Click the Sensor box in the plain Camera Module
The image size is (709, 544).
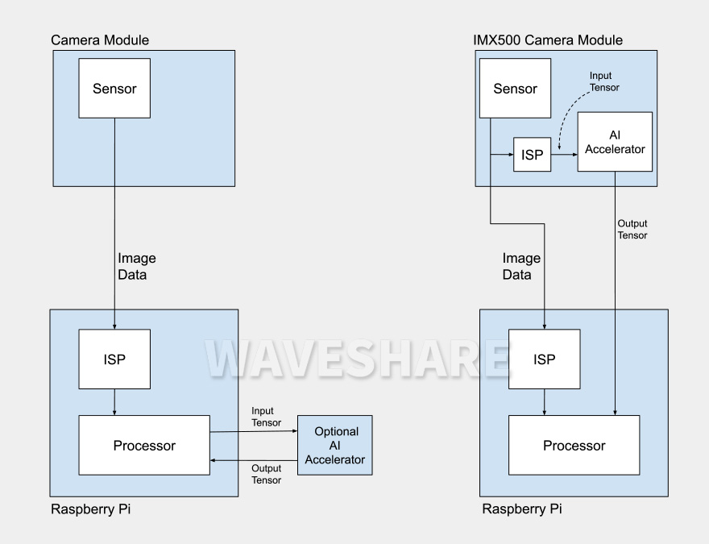(x=114, y=89)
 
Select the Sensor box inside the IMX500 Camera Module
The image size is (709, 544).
(x=514, y=89)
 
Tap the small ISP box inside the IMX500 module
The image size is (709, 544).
(x=532, y=153)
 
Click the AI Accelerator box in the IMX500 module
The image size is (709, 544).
(x=615, y=142)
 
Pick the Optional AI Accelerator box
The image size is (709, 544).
(x=334, y=445)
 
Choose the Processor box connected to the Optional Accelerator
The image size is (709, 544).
(x=144, y=445)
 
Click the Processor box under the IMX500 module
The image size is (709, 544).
(x=574, y=445)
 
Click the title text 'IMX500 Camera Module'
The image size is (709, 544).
(x=547, y=39)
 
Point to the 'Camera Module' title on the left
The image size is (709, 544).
(x=100, y=39)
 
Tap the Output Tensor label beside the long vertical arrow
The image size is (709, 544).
(x=632, y=229)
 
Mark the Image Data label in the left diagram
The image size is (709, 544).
(x=137, y=266)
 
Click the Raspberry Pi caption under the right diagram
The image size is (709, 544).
(x=521, y=510)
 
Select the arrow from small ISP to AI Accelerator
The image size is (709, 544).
(x=564, y=153)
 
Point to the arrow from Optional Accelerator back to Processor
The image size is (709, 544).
(x=254, y=459)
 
